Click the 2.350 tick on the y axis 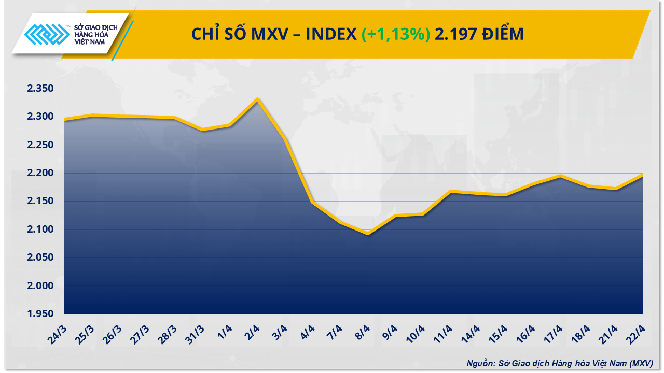click(40, 89)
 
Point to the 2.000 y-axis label click(40, 286)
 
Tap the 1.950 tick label click(40, 314)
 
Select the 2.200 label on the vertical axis click(40, 173)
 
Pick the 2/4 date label click(253, 330)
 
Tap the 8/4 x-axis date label click(363, 330)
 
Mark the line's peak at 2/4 click(257, 99)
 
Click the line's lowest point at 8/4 click(368, 234)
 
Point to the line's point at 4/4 click(312, 202)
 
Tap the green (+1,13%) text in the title click(395, 34)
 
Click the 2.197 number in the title click(454, 34)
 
